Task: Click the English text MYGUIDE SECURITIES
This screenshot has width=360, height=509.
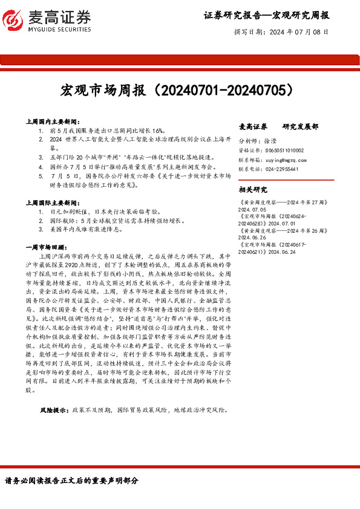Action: point(59,30)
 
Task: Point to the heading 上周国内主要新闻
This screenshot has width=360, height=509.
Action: point(53,122)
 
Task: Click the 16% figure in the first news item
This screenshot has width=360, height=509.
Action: point(157,130)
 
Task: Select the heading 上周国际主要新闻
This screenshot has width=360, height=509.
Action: point(53,204)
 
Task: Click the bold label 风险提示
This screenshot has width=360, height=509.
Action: point(54,409)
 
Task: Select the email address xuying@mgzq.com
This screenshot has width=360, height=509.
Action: point(283,160)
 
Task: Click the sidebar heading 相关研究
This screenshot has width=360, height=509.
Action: point(254,189)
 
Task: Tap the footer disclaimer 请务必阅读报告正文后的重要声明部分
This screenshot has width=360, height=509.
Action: point(71,481)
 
